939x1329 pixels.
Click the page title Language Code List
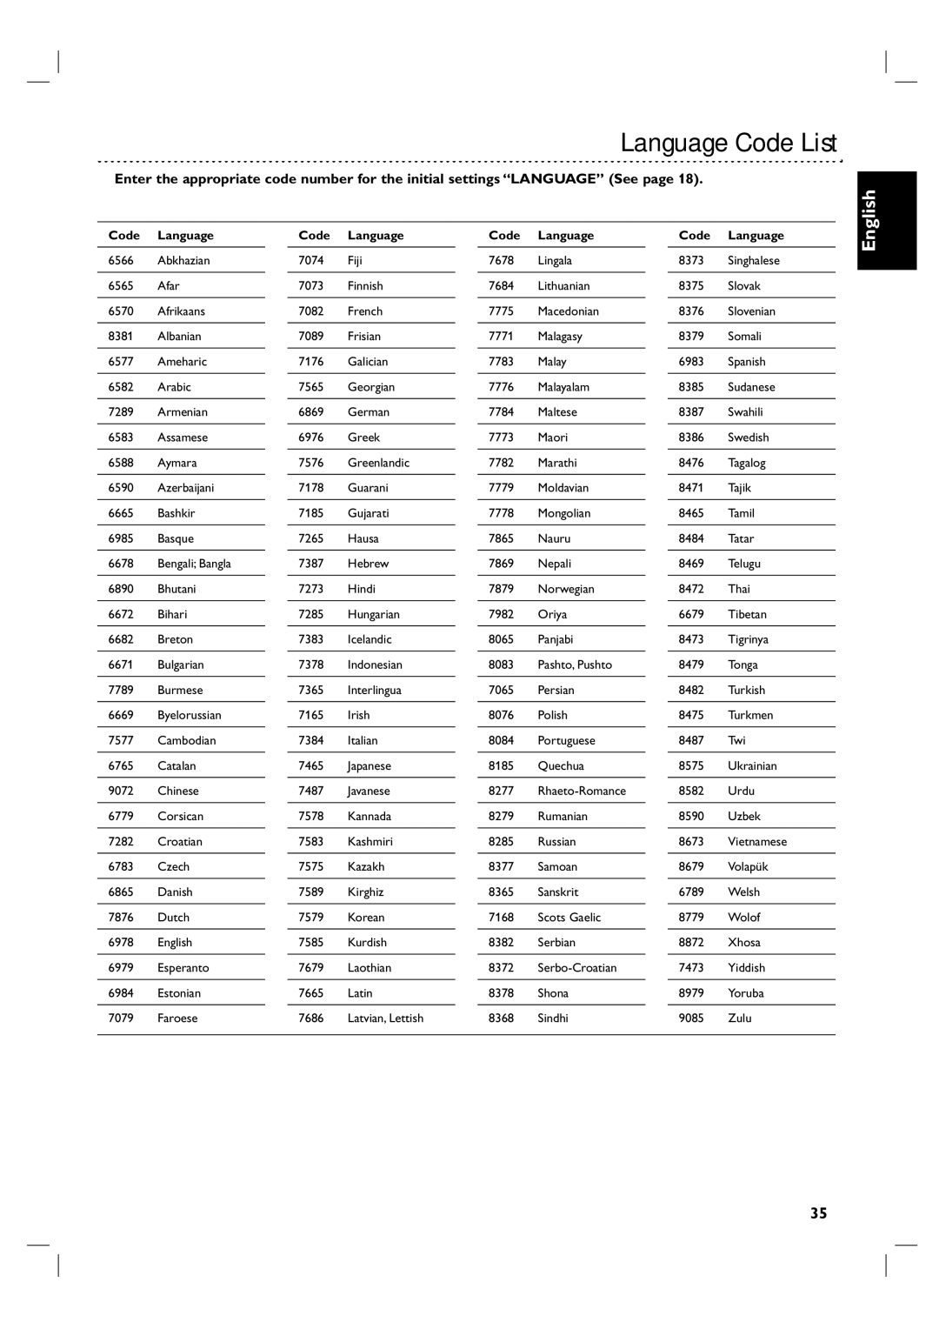click(x=728, y=143)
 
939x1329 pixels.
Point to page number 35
click(x=818, y=1213)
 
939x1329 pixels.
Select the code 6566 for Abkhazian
click(x=121, y=260)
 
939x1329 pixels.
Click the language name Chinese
click(x=178, y=791)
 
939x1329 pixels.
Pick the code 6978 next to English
click(x=121, y=942)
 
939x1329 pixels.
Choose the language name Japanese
click(x=370, y=765)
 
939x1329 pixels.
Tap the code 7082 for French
click(x=310, y=311)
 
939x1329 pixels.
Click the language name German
click(x=369, y=411)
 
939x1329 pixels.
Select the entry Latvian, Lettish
click(x=385, y=1018)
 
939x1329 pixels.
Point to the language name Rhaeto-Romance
click(x=582, y=791)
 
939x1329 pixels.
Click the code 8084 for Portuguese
click(x=501, y=740)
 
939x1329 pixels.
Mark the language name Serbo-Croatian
click(x=577, y=967)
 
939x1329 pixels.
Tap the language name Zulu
click(x=740, y=1018)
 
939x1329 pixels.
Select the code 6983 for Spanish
click(x=691, y=361)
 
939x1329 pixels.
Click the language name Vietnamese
click(x=757, y=841)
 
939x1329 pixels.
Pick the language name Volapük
click(x=748, y=866)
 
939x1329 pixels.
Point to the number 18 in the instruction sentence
click(x=689, y=179)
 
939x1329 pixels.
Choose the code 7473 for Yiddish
click(x=691, y=967)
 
